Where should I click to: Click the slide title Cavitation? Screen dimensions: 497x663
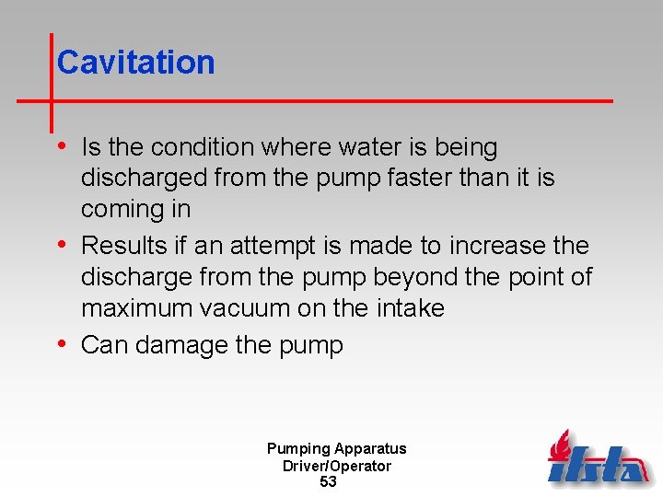[x=135, y=63]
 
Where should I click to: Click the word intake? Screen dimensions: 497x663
[x=406, y=308]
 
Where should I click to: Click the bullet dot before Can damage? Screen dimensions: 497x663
[x=62, y=344]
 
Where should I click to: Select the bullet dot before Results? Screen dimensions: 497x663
[x=62, y=245]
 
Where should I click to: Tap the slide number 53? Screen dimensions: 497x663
[x=328, y=481]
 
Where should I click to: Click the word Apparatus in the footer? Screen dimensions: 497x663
[x=370, y=449]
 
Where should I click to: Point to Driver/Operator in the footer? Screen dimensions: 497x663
[x=336, y=466]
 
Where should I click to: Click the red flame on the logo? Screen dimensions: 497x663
[x=560, y=447]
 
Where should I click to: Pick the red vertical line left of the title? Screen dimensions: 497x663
[x=51, y=83]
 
